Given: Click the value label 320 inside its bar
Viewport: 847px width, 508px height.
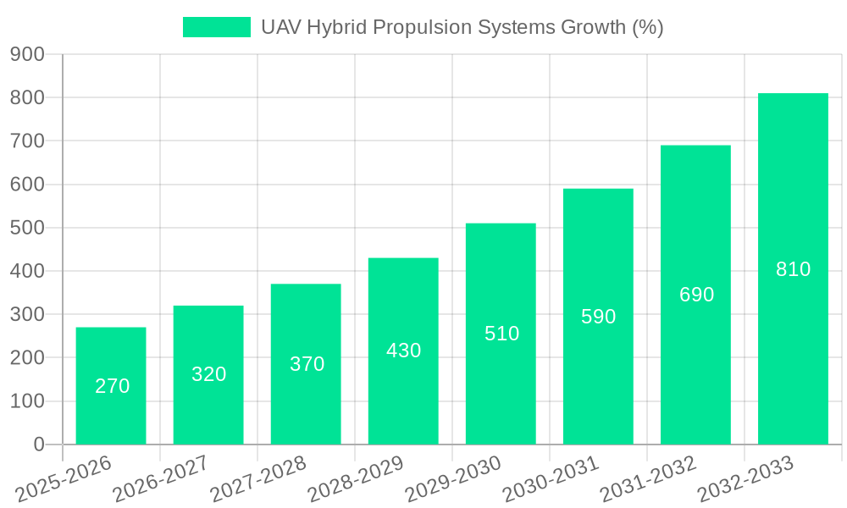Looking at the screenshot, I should tap(208, 374).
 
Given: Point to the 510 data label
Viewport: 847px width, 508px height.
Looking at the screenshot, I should tap(501, 334).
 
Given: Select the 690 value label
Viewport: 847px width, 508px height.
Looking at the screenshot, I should tap(696, 295).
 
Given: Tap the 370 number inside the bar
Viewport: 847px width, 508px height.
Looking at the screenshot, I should tap(307, 364).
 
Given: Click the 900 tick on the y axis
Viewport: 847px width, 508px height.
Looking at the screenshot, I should tap(27, 54).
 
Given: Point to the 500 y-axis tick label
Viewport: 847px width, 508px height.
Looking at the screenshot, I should tap(27, 228).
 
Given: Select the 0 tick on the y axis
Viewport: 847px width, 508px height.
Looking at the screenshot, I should tap(39, 444).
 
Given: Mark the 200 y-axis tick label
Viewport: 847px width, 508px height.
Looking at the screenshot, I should tap(27, 357).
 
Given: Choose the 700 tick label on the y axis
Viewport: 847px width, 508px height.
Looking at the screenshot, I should tap(27, 141).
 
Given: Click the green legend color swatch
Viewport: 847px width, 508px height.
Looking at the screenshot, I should tap(217, 27).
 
